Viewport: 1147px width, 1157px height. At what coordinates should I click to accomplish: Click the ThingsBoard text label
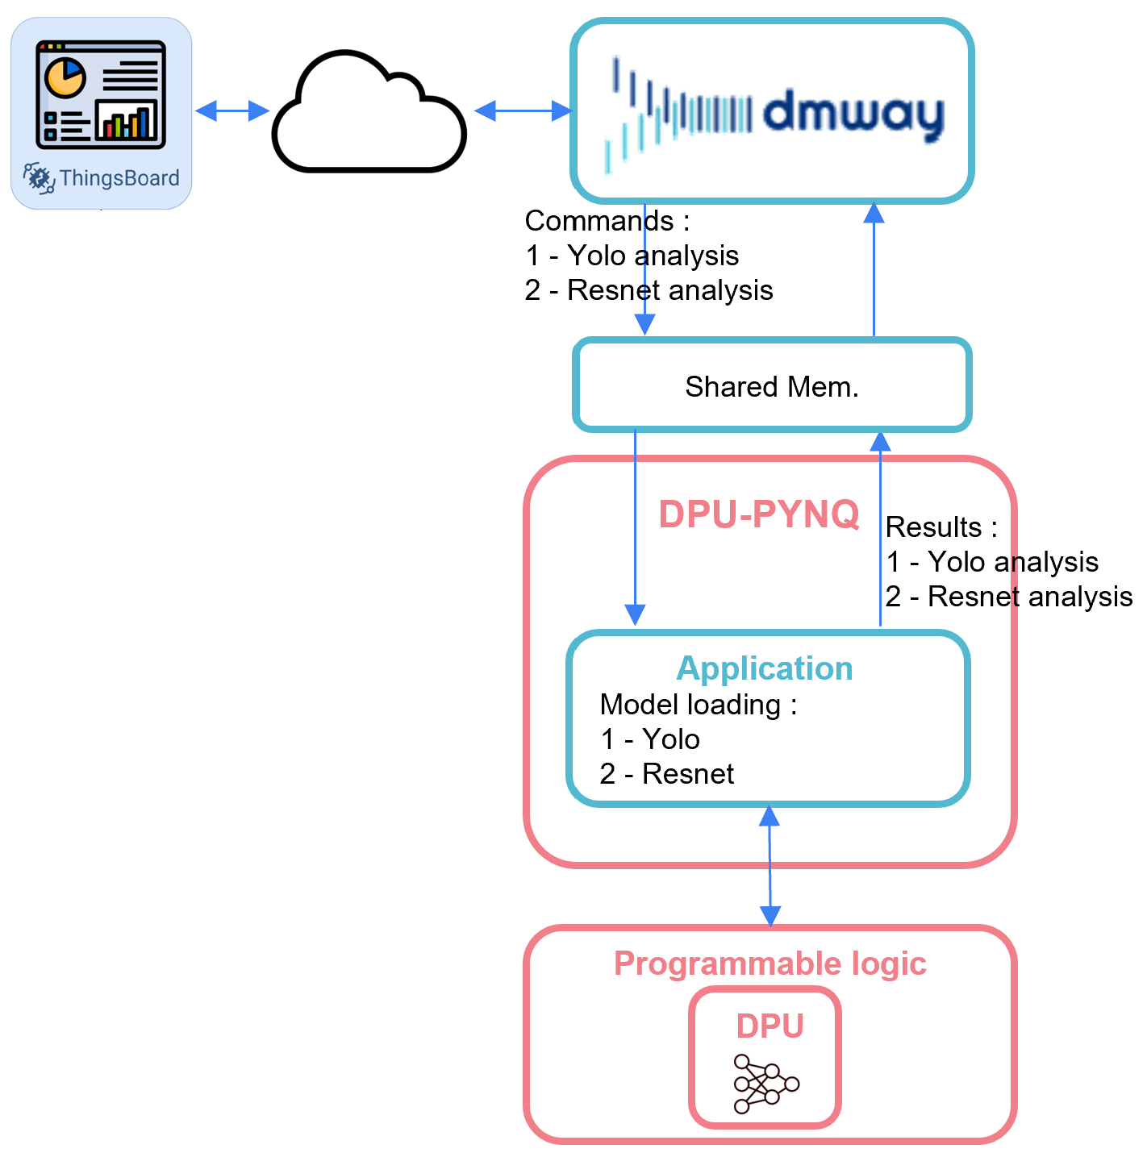[119, 178]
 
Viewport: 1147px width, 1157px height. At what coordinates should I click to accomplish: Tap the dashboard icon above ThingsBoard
[101, 95]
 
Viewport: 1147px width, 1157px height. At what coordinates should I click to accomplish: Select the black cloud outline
[369, 113]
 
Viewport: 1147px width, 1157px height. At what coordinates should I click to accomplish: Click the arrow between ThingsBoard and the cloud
[232, 110]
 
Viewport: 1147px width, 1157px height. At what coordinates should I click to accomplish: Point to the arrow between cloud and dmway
[523, 110]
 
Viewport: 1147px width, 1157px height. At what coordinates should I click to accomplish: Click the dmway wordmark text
[853, 113]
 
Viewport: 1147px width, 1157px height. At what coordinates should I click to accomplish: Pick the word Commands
[599, 221]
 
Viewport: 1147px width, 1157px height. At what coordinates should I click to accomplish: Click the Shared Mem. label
[772, 387]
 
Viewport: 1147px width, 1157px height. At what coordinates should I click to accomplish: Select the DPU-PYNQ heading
[758, 514]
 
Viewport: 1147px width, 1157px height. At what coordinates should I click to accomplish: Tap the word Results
[933, 527]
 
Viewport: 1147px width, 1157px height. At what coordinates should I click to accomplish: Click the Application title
[765, 668]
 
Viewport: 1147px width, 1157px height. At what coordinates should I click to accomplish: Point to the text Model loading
[690, 705]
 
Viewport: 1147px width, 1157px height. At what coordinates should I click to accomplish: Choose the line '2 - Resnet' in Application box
[667, 774]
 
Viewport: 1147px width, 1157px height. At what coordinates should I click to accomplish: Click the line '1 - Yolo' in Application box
[650, 739]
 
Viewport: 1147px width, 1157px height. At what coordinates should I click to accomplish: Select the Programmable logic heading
[770, 963]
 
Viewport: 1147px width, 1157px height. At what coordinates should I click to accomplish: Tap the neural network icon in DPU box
[765, 1084]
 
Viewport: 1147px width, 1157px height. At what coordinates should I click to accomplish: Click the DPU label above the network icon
[770, 1026]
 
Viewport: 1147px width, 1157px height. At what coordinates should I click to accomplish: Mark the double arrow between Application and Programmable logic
[770, 866]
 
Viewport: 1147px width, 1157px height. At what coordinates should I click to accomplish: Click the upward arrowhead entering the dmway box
[874, 212]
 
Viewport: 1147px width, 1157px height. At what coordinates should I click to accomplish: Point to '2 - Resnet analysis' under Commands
[649, 290]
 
